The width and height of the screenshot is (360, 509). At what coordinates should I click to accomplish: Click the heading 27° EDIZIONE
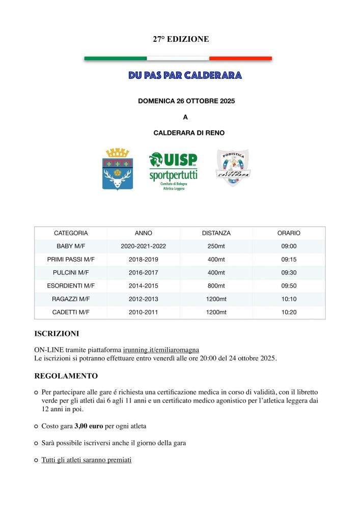point(181,39)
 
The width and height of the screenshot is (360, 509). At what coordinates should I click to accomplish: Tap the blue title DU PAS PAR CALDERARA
point(185,75)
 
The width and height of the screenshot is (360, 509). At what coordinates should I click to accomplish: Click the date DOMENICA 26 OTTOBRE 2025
point(186,101)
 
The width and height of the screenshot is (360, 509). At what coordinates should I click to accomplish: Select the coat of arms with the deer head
point(118,169)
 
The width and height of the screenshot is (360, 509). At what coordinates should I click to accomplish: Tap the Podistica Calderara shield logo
point(233,167)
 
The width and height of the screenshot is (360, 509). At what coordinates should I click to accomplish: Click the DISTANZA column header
point(216,233)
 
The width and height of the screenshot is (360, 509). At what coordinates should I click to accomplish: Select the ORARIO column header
point(289,233)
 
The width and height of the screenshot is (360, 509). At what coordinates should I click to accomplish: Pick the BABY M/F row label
point(71,246)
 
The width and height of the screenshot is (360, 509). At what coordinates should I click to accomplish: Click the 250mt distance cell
point(216,246)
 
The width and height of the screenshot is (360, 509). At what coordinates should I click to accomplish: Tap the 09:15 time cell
point(289,260)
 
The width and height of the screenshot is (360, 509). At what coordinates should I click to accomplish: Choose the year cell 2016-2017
point(144,273)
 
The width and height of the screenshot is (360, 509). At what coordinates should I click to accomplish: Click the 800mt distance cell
point(216,286)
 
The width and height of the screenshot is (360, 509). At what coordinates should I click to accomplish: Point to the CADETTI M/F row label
point(71,312)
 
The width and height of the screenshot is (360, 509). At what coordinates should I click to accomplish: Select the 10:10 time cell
point(289,299)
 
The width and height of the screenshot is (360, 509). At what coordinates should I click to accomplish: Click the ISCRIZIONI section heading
point(57,334)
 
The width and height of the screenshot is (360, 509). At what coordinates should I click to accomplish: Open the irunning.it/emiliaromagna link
point(161,350)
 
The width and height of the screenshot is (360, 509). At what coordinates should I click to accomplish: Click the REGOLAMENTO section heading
point(66,376)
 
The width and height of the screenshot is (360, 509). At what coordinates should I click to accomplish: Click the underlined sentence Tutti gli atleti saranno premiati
point(87,460)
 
